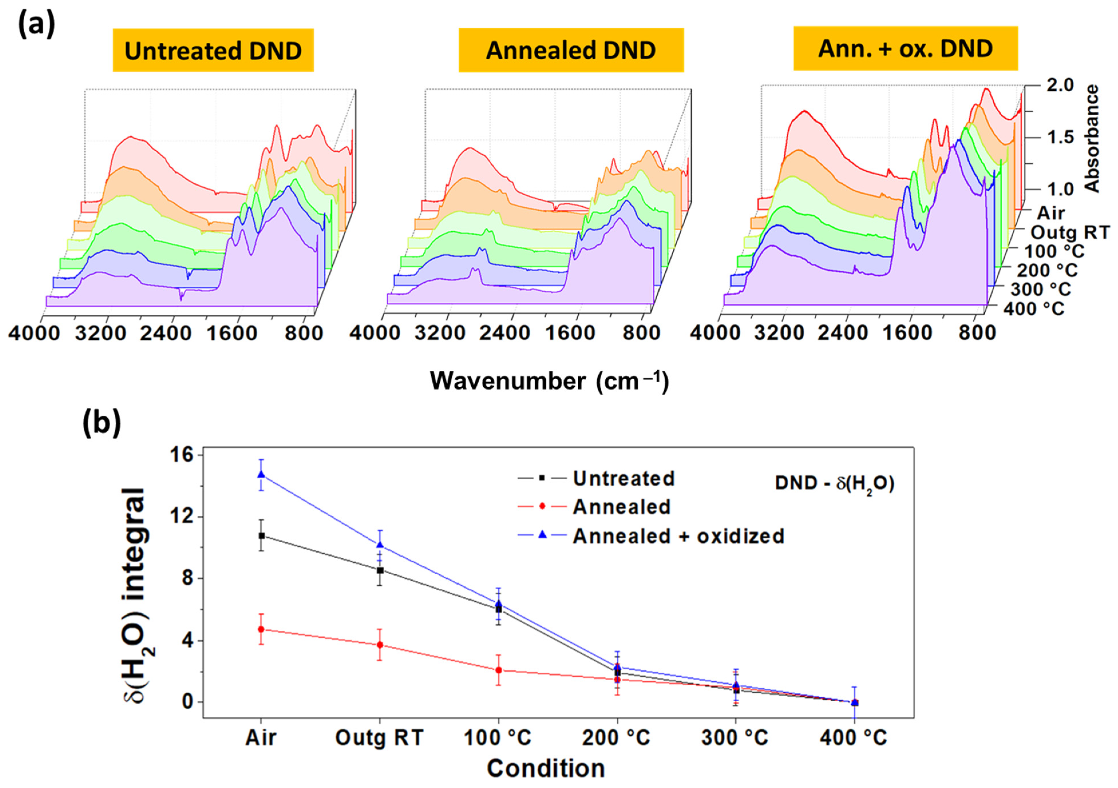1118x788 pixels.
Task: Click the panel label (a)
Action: click(x=37, y=24)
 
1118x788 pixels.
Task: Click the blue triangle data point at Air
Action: click(x=262, y=474)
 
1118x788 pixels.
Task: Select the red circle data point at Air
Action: click(x=262, y=629)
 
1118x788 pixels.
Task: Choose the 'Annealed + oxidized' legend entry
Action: click(x=678, y=536)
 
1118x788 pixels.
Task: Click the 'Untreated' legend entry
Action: click(x=623, y=479)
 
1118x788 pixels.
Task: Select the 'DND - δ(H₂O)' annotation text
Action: click(x=834, y=484)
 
